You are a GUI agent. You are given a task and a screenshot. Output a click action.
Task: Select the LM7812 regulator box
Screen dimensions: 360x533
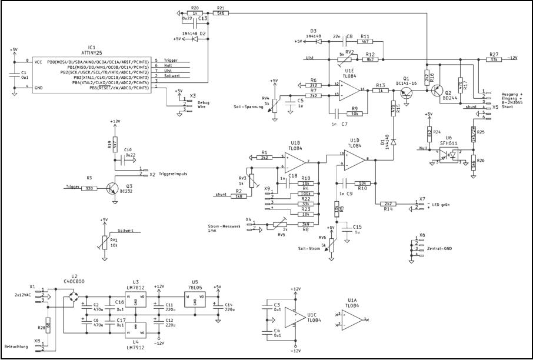[x=135, y=302]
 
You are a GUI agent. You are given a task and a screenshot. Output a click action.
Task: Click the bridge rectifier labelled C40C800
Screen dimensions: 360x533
[x=74, y=297]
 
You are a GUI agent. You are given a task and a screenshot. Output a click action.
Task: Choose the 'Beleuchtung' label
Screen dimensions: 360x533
[x=16, y=347]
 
